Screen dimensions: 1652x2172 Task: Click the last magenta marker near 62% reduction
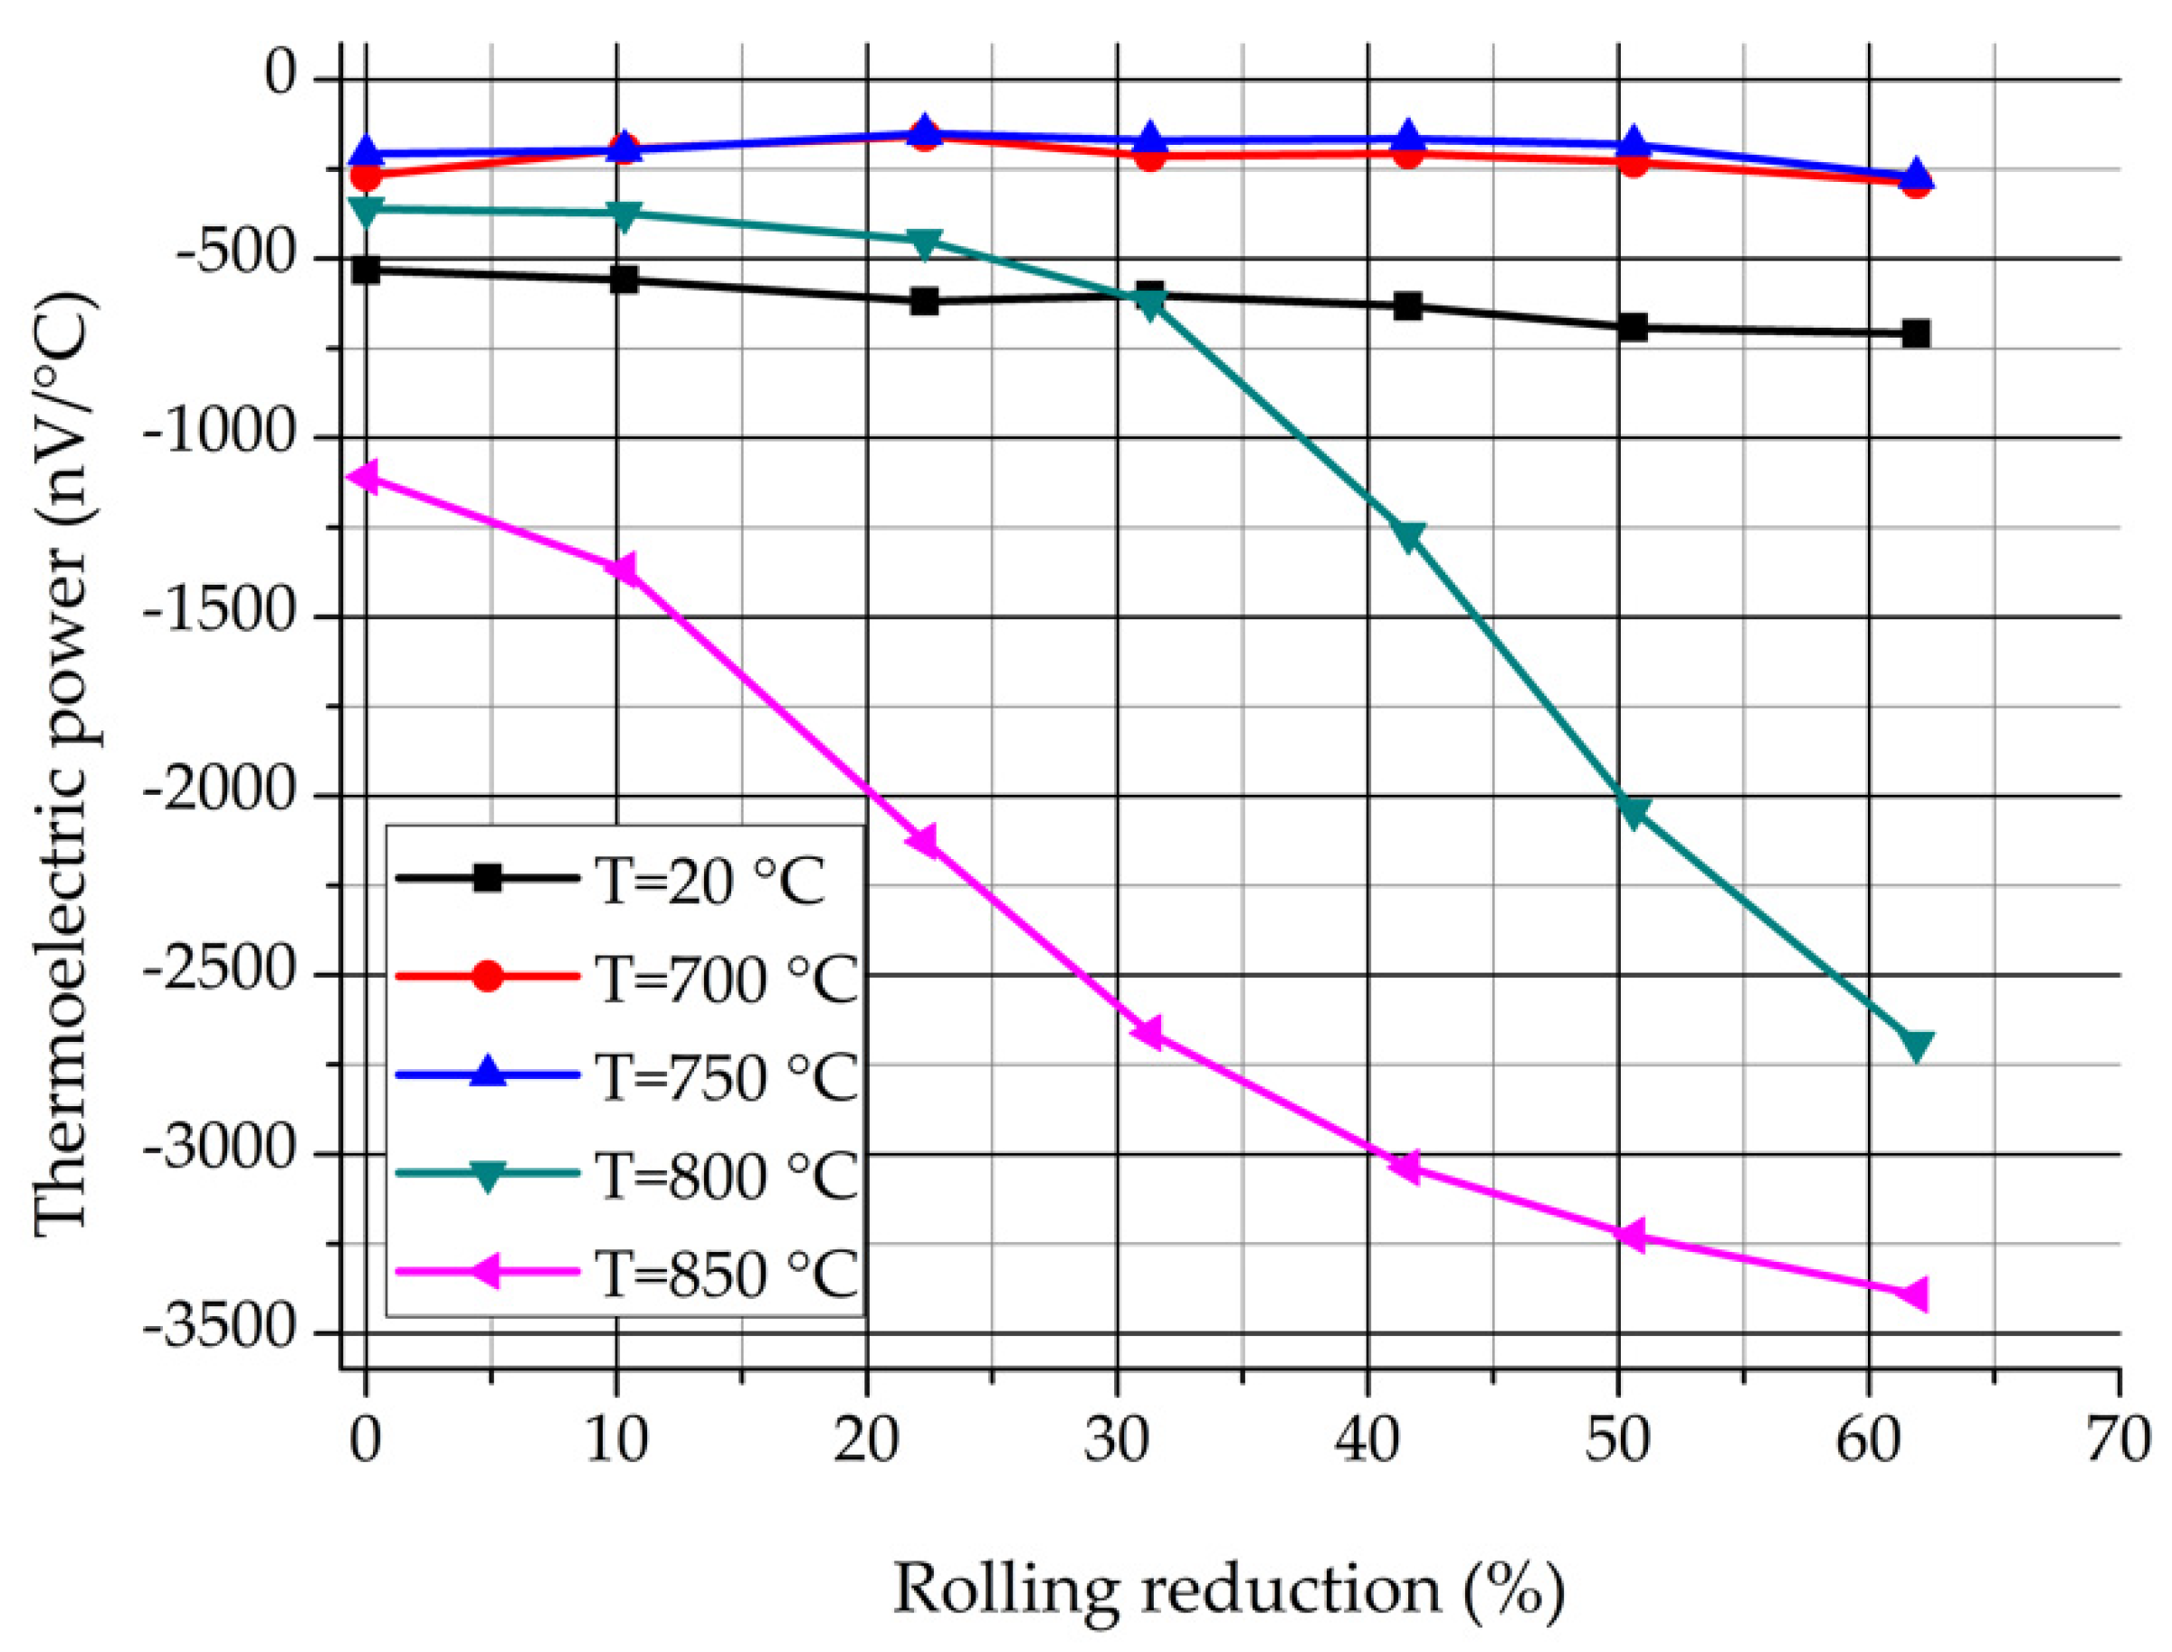click(1913, 1295)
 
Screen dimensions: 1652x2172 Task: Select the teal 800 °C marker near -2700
click(1915, 1046)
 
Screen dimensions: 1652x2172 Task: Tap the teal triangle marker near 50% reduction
click(1633, 812)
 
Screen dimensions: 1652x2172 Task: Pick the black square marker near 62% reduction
click(1915, 334)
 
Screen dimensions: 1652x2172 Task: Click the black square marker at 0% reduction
click(366, 270)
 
